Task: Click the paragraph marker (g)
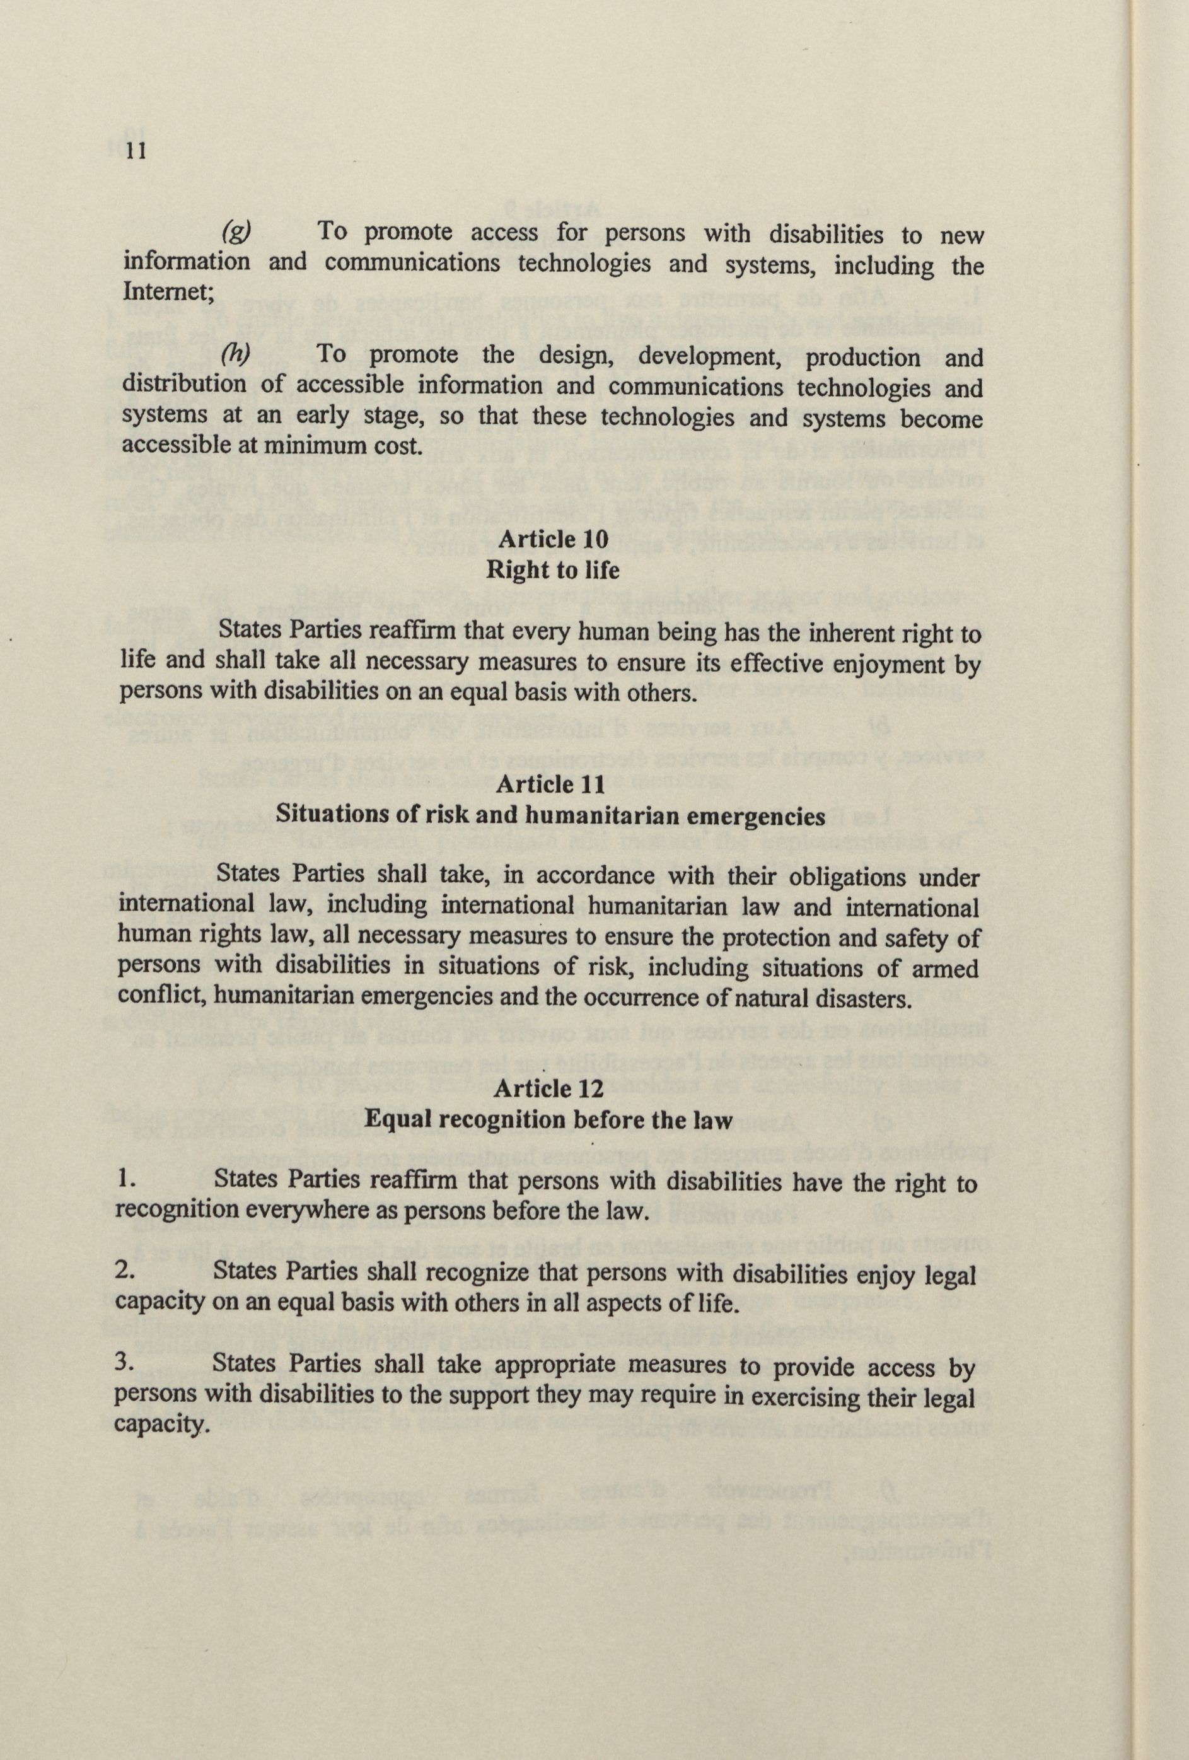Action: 235,230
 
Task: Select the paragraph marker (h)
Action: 235,353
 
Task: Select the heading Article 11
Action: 550,784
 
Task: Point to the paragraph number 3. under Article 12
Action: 125,1363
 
